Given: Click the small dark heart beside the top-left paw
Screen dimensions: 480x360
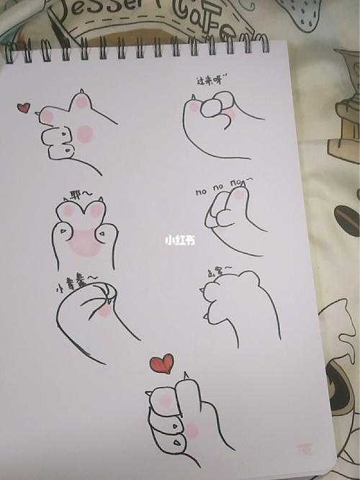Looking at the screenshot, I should click(x=24, y=108).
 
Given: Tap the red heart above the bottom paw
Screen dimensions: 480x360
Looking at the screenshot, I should click(x=162, y=363).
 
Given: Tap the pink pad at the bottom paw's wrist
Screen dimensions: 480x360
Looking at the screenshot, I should click(x=192, y=431).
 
